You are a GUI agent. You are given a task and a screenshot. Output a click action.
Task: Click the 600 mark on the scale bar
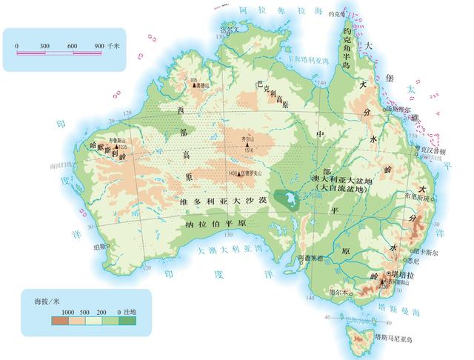[x=72, y=46]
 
